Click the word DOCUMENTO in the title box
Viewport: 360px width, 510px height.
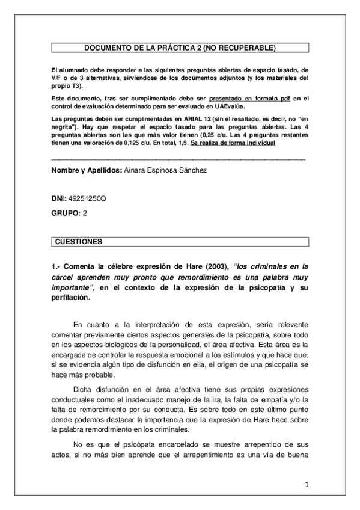pyautogui.click(x=103, y=46)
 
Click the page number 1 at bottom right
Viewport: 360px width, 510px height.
pyautogui.click(x=306, y=484)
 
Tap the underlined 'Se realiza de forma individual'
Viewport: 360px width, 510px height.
pyautogui.click(x=233, y=143)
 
